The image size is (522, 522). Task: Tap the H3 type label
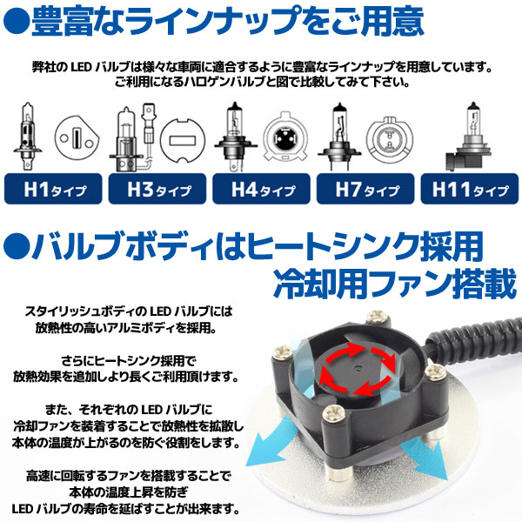pyautogui.click(x=157, y=187)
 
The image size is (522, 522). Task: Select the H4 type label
pyautogui.click(x=261, y=187)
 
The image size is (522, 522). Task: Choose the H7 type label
pyautogui.click(x=365, y=187)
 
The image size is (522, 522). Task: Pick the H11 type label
pyautogui.click(x=469, y=187)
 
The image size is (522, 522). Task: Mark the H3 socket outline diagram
pyautogui.click(x=182, y=139)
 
